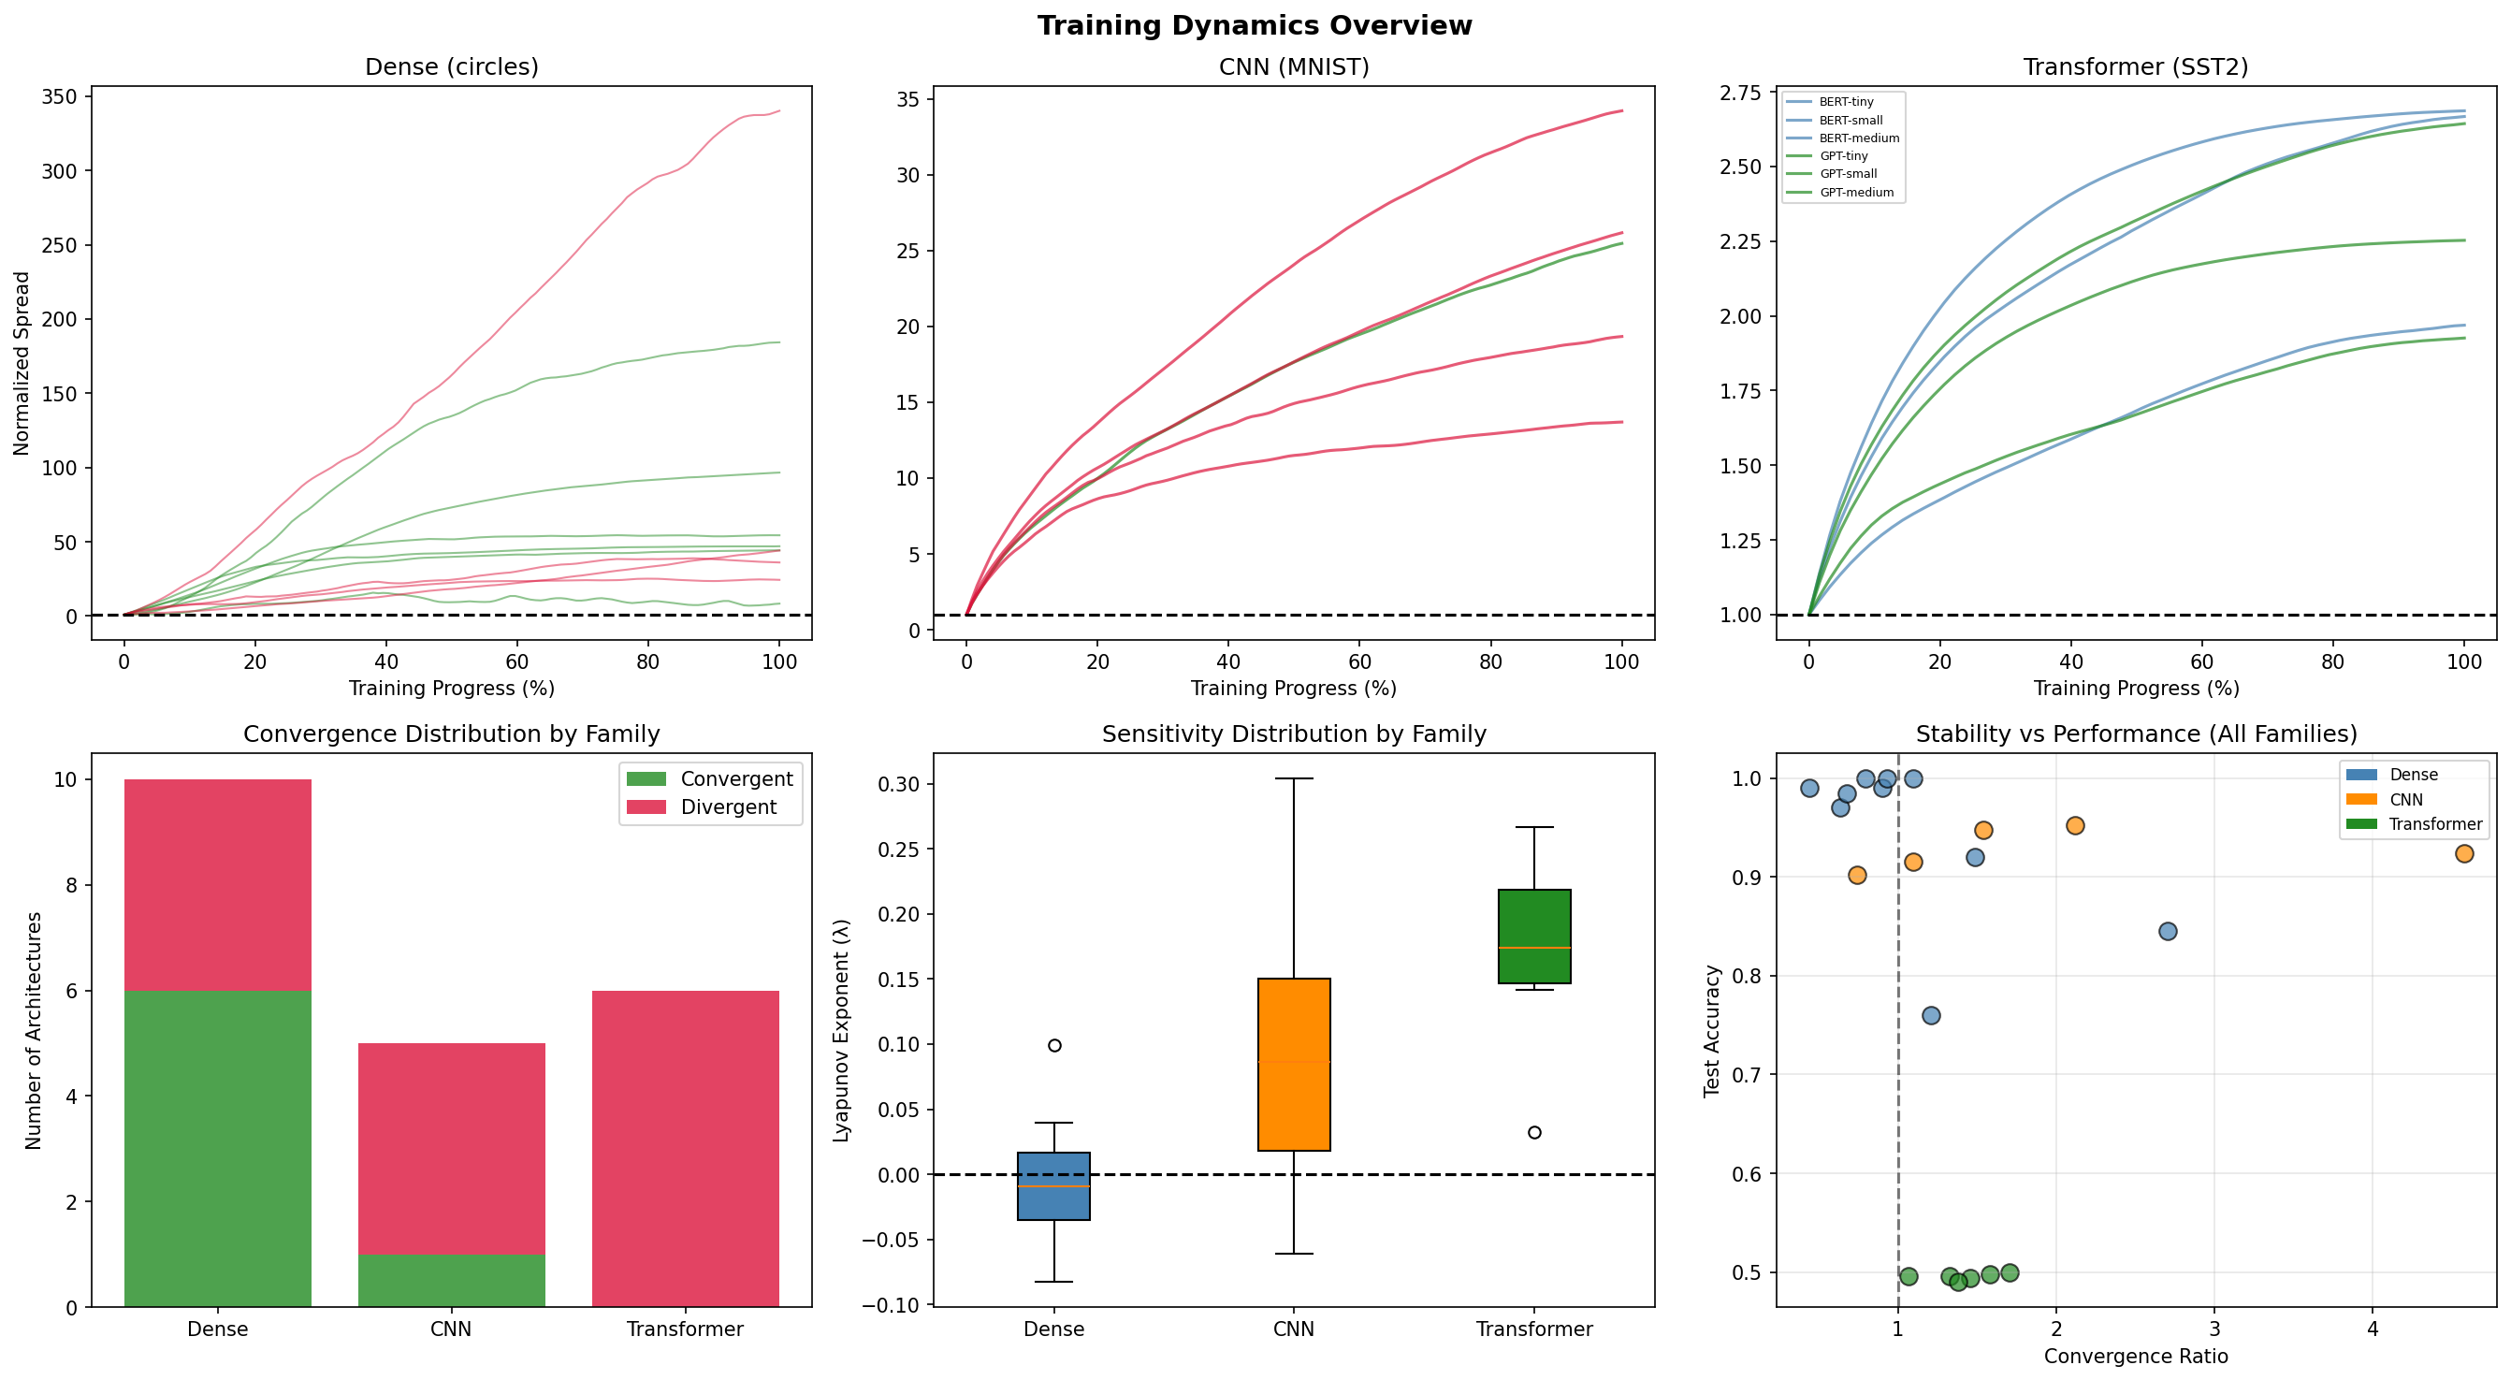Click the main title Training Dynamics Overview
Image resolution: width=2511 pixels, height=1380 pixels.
[x=1255, y=25]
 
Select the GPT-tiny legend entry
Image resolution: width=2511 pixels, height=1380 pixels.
[x=1843, y=156]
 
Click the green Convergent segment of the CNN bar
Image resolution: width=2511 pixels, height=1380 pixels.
[x=451, y=1280]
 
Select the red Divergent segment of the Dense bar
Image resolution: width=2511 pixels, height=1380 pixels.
[x=217, y=884]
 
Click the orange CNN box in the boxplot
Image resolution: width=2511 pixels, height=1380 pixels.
[x=1294, y=1065]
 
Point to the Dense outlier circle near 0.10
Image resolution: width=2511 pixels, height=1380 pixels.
[x=1053, y=1045]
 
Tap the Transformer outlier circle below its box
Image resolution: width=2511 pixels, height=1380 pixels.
[x=1534, y=1132]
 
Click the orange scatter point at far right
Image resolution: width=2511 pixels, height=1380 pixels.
[x=2464, y=853]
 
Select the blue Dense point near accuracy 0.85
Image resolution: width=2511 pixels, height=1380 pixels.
[x=2168, y=931]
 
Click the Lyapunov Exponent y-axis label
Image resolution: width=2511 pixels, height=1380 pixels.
[x=842, y=1029]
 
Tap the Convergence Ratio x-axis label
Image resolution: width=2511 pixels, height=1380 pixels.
[x=2136, y=1357]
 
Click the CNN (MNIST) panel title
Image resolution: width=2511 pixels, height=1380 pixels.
[x=1294, y=67]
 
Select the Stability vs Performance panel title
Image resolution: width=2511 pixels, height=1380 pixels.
[x=2136, y=734]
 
